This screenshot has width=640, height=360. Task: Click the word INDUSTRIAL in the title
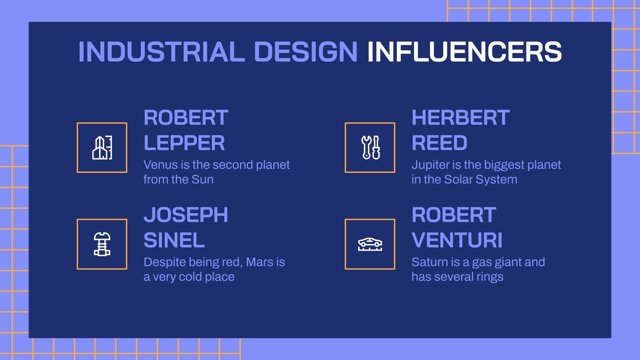(161, 52)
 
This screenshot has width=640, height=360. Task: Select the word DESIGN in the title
(306, 52)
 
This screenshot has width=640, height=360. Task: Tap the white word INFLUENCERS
(464, 52)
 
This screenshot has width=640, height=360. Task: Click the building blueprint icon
(102, 148)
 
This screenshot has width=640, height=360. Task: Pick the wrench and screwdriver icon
(370, 148)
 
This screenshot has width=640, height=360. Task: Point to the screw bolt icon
(102, 244)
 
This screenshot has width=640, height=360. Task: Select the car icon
(370, 244)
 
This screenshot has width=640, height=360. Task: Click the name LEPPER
(184, 143)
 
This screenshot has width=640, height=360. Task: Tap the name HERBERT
(460, 118)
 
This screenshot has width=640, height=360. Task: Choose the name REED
(439, 143)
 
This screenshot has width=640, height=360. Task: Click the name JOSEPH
(186, 215)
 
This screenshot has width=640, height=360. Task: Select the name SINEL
(174, 240)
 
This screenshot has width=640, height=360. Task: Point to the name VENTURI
(457, 240)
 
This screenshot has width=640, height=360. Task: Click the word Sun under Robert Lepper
(202, 180)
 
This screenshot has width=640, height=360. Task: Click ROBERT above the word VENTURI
(454, 215)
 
